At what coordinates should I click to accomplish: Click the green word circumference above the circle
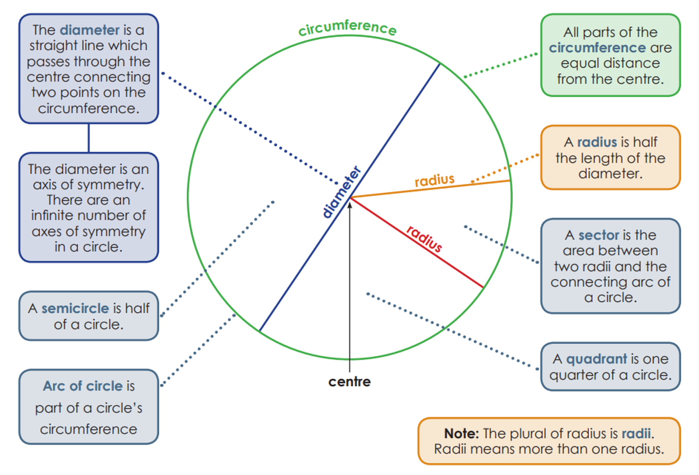coord(348,27)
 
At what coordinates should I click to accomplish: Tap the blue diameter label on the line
coord(343,193)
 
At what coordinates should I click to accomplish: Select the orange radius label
coord(434,180)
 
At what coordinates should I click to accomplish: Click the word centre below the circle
coord(349,382)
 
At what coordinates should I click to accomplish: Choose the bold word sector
coord(598,235)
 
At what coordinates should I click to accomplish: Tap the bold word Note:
coord(461,434)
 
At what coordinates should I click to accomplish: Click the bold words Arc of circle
coord(83,386)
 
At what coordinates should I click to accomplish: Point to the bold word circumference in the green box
coord(597,48)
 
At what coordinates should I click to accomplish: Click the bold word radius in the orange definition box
coord(596,143)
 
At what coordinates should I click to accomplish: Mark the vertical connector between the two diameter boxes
coord(89,138)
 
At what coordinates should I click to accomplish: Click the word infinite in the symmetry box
coord(57,216)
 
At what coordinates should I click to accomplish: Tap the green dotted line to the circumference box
coord(501,65)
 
